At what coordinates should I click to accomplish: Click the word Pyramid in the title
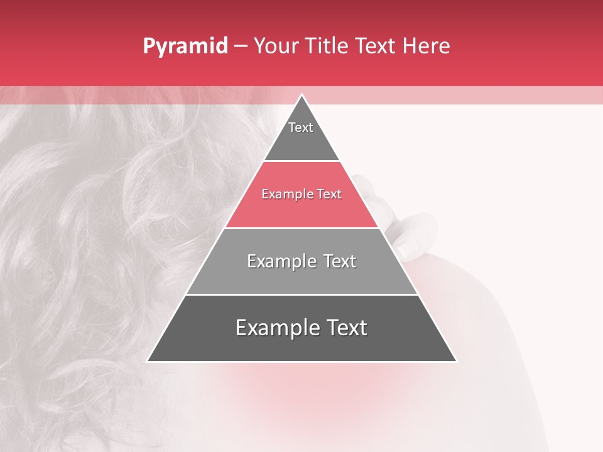(x=185, y=47)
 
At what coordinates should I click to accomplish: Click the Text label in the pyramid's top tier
(x=301, y=127)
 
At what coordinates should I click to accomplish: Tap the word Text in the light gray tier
(x=340, y=261)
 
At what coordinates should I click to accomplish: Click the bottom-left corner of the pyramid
(x=148, y=361)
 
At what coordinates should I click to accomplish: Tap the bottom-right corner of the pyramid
(x=456, y=361)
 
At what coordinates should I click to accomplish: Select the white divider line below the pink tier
(x=301, y=228)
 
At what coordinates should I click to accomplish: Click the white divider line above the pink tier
(x=301, y=161)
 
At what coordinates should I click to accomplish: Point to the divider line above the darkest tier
(x=301, y=294)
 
